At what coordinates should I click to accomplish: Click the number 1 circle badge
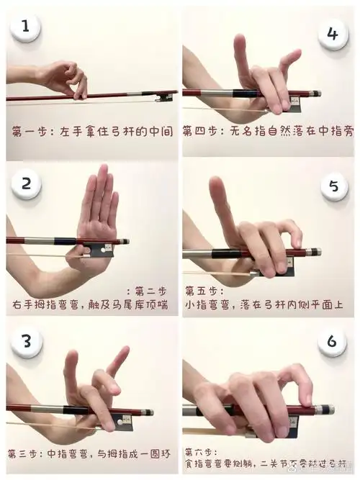pos(26,29)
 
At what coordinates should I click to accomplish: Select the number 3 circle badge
pos(26,340)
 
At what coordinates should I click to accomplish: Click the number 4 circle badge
pos(332,34)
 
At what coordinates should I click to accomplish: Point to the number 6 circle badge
pos(332,340)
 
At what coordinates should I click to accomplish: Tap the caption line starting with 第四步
pos(268,132)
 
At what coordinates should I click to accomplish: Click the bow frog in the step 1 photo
pos(166,96)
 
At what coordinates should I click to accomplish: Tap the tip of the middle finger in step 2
pos(102,170)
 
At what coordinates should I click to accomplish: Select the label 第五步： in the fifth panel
pos(204,291)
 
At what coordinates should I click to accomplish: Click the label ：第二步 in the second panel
pos(147,291)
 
